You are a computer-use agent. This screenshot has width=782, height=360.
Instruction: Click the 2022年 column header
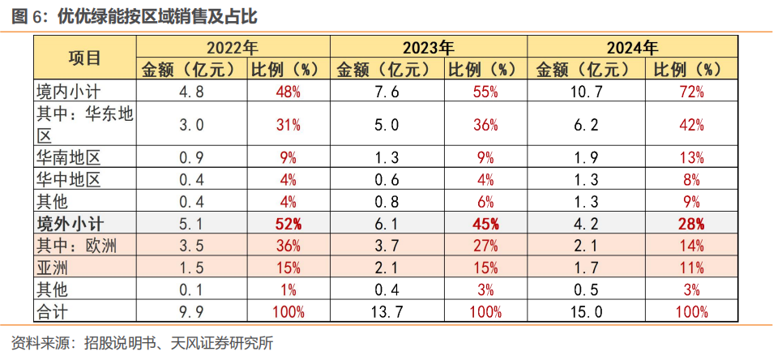tap(234, 47)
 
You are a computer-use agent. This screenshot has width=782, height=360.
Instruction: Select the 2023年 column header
tap(429, 47)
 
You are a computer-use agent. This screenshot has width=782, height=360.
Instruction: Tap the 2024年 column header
tap(633, 47)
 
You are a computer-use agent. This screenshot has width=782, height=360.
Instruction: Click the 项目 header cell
tap(84, 58)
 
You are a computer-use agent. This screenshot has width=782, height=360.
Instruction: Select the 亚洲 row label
tap(53, 268)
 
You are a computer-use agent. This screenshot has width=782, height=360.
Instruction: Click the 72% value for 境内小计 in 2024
tap(691, 92)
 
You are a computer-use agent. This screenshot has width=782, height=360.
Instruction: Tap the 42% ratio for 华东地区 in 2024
tap(691, 125)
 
